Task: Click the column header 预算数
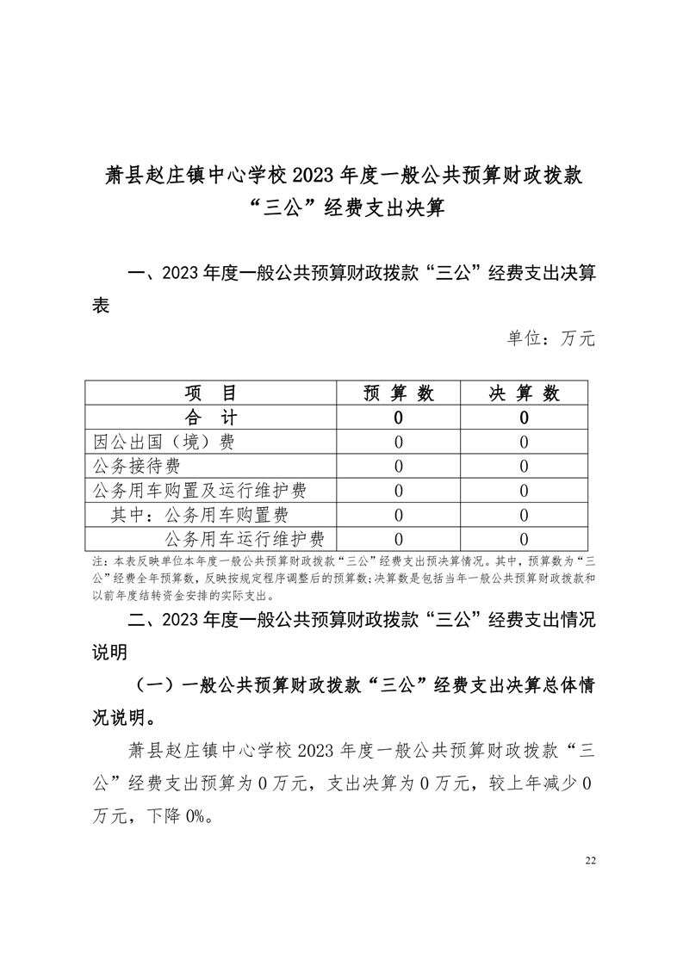pyautogui.click(x=399, y=393)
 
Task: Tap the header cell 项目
pyautogui.click(x=210, y=393)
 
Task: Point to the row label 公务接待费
pyautogui.click(x=137, y=467)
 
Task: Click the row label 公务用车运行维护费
pyautogui.click(x=244, y=540)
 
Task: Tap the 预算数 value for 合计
pyautogui.click(x=399, y=418)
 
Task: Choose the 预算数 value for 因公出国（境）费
pyautogui.click(x=399, y=443)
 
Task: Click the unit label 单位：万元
pyautogui.click(x=550, y=338)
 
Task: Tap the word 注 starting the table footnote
pyautogui.click(x=97, y=560)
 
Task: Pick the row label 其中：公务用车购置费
pyautogui.click(x=200, y=516)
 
